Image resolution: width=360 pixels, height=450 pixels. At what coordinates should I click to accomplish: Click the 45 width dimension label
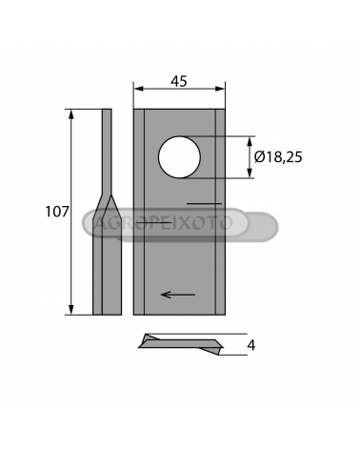pyautogui.click(x=179, y=81)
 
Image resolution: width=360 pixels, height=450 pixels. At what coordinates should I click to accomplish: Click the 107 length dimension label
pyautogui.click(x=57, y=212)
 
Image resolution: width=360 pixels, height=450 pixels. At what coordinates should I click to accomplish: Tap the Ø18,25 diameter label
pyautogui.click(x=278, y=157)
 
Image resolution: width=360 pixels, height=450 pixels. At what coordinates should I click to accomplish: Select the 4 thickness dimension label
pyautogui.click(x=251, y=345)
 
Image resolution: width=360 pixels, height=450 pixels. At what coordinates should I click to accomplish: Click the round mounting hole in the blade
pyautogui.click(x=179, y=157)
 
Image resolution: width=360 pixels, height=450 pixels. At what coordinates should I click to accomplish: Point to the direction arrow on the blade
pyautogui.click(x=178, y=295)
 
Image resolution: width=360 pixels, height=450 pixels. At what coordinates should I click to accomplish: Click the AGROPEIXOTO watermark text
pyautogui.click(x=164, y=222)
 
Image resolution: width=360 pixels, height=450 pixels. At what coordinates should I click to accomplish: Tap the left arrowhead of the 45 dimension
pyautogui.click(x=138, y=89)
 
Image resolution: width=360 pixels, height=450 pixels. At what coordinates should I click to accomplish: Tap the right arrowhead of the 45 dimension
pyautogui.click(x=220, y=89)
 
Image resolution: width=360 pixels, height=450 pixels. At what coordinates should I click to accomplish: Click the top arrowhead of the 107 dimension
pyautogui.click(x=71, y=114)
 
